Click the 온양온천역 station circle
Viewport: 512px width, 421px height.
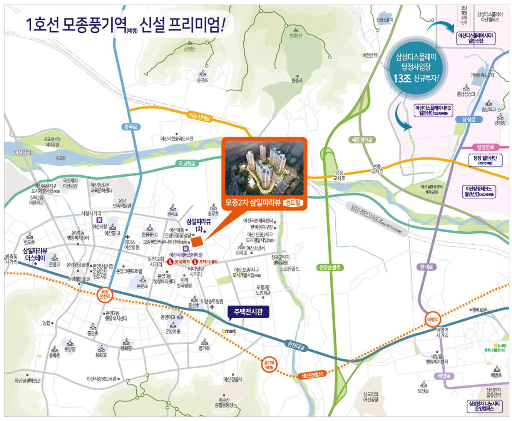pos(105,295)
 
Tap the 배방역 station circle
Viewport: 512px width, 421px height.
pos(432,319)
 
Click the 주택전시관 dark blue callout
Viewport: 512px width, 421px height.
pos(248,312)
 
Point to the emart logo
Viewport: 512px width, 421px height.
pos(229,331)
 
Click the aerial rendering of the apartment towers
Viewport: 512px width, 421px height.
pos(264,168)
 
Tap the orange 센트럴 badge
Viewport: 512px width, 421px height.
pos(293,202)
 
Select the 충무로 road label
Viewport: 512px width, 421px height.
pos(131,127)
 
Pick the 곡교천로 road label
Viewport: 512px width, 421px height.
pos(187,164)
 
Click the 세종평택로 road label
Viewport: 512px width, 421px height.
pos(362,140)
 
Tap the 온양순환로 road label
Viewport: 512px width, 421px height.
pos(330,267)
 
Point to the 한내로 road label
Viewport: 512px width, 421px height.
pos(426,267)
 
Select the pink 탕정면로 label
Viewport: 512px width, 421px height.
pos(485,147)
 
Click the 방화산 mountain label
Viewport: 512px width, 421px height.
pos(296,36)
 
